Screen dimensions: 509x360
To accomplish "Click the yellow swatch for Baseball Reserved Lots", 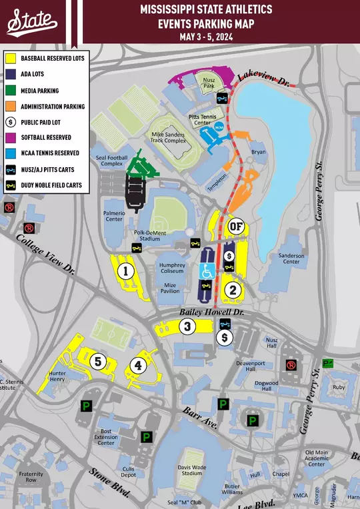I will (11, 59).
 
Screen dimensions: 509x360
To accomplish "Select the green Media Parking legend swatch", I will (11, 90).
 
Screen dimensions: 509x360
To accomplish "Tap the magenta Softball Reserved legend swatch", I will (11, 137).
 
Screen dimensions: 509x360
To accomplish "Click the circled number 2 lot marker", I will (233, 289).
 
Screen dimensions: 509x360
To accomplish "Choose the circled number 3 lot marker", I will (189, 326).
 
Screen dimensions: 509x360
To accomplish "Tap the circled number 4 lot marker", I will (138, 365).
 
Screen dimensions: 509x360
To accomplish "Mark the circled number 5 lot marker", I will (99, 361).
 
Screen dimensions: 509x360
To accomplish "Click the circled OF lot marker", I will (235, 227).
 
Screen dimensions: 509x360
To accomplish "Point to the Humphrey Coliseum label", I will (172, 268).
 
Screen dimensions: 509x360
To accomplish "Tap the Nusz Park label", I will (208, 87).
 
